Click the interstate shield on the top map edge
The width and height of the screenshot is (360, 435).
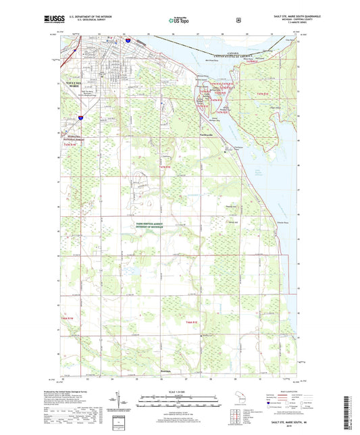(126, 41)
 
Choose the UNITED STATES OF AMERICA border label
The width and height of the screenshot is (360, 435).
(232, 59)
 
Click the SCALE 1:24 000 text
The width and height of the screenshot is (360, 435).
(180, 392)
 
